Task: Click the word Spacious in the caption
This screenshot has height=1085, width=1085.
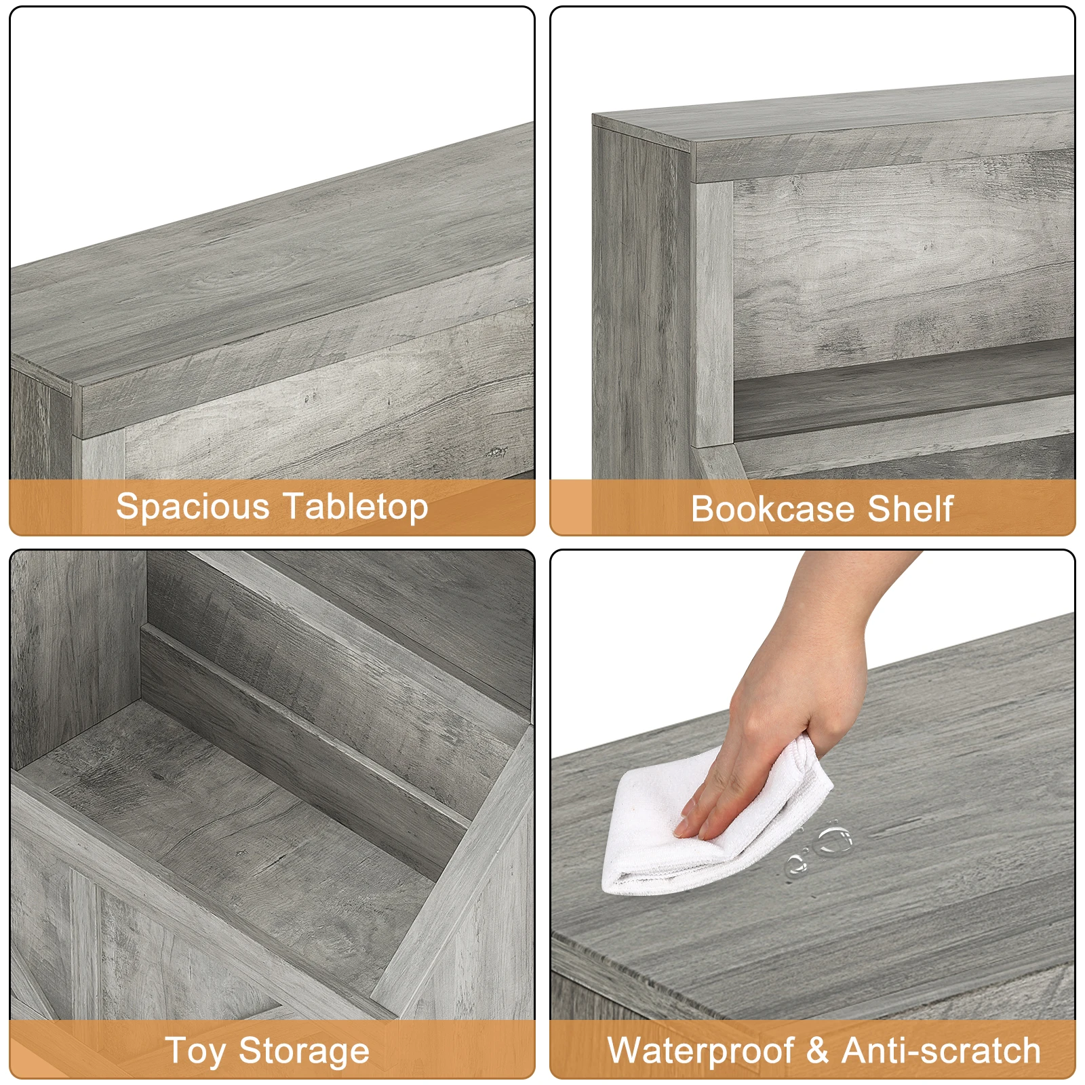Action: click(193, 507)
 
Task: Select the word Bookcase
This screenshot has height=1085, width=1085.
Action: click(773, 509)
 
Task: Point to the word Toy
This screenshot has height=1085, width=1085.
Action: click(195, 1051)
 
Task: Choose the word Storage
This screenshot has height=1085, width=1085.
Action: click(304, 1051)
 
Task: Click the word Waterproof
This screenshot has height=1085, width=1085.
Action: click(701, 1051)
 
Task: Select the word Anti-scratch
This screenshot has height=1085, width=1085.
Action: click(941, 1051)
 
